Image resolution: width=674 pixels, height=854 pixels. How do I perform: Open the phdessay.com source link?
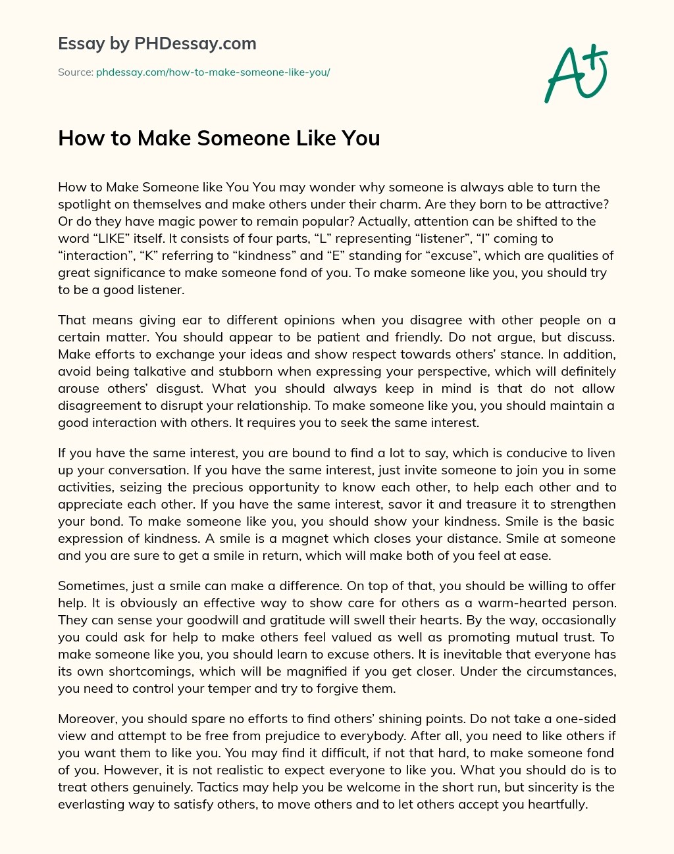(x=213, y=72)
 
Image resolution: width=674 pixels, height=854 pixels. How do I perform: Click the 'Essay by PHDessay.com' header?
(x=157, y=43)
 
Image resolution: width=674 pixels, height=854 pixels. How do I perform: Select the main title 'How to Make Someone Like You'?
(x=219, y=138)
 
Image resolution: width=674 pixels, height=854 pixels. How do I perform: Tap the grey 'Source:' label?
(x=75, y=72)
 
